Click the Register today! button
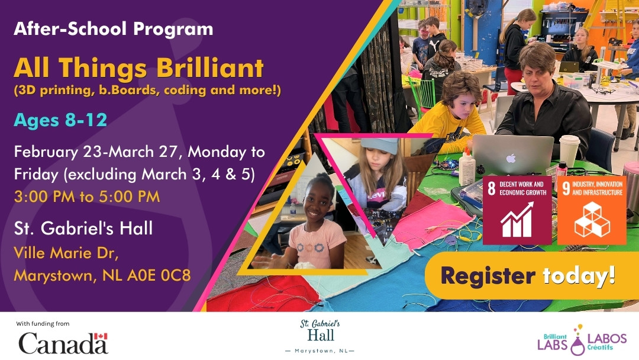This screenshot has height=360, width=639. coord(528,275)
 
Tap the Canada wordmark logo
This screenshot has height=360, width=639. coord(63,343)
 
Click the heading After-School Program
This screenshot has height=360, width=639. coord(113,28)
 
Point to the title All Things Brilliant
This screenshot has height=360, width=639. coord(138,69)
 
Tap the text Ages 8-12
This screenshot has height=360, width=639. coord(60,120)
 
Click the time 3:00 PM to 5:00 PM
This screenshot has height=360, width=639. coord(87,197)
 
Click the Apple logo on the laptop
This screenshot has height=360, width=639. coord(511,158)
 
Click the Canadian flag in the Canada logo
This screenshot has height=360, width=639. coord(102,336)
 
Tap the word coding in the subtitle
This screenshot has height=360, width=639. coord(193,91)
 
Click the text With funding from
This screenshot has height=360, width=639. coord(43,323)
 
